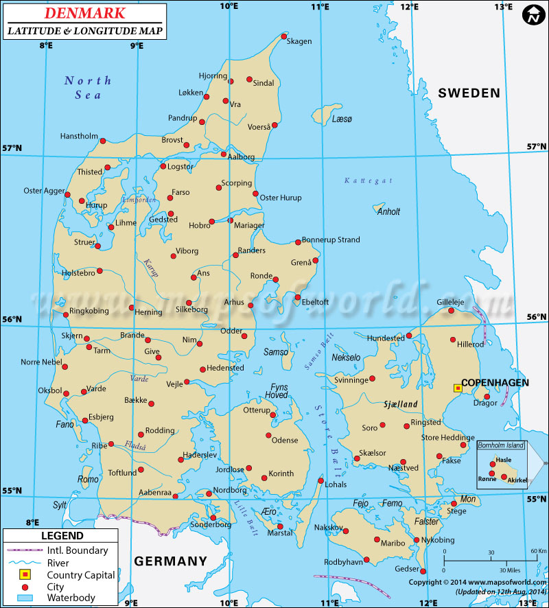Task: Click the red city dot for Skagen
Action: pos(284,37)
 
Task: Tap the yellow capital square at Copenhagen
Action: pos(458,388)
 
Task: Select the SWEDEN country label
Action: pos(469,93)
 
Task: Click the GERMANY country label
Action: pos(170,561)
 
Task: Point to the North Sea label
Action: pos(88,87)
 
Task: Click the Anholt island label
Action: pos(388,211)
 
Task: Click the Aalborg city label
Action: pos(241,157)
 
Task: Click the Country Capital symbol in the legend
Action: pos(25,575)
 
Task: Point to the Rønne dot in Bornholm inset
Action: pos(492,473)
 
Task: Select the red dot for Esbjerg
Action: pos(84,419)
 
